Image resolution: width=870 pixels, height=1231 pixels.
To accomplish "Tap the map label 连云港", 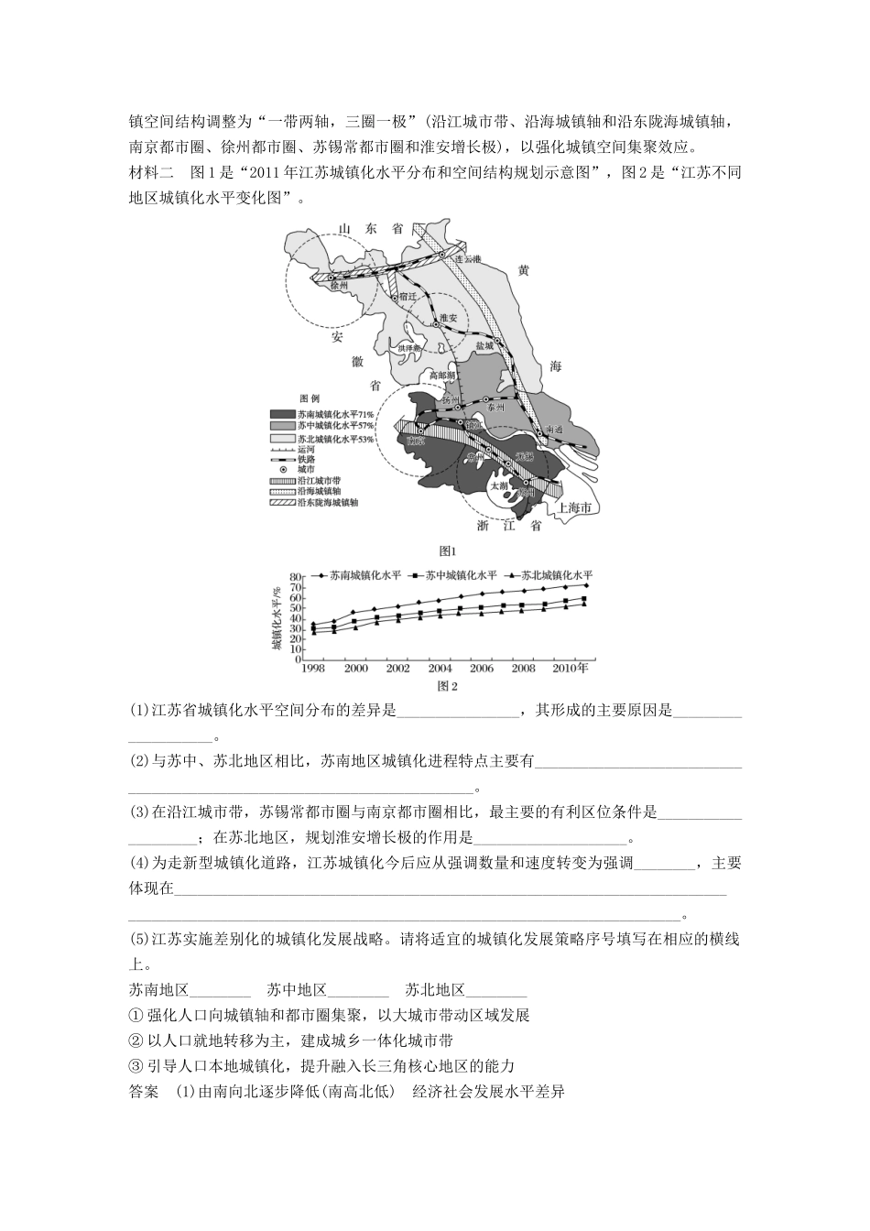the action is click(x=468, y=259).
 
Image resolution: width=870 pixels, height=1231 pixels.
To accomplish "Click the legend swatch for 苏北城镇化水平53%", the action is click(x=283, y=440).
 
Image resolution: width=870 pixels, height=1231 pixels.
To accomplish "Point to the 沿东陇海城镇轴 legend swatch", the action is click(x=283, y=503).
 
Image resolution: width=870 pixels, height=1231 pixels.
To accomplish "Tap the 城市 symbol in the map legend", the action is click(x=283, y=468).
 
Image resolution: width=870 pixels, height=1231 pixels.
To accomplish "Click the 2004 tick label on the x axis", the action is click(x=440, y=669).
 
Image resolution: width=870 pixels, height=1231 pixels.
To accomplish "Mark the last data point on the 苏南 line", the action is click(x=585, y=584).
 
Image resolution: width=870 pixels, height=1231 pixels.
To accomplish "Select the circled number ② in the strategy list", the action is click(x=136, y=1040).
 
